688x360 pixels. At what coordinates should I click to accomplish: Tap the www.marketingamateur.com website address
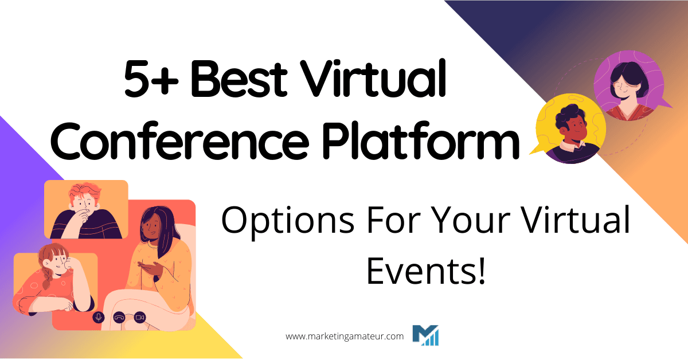tap(345, 336)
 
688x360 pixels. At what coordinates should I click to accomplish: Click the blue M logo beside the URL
tap(425, 336)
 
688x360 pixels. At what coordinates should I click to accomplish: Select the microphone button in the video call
tap(99, 317)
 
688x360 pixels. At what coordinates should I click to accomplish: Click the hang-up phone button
tap(119, 317)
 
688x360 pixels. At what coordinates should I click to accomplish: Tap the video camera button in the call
tap(139, 317)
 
